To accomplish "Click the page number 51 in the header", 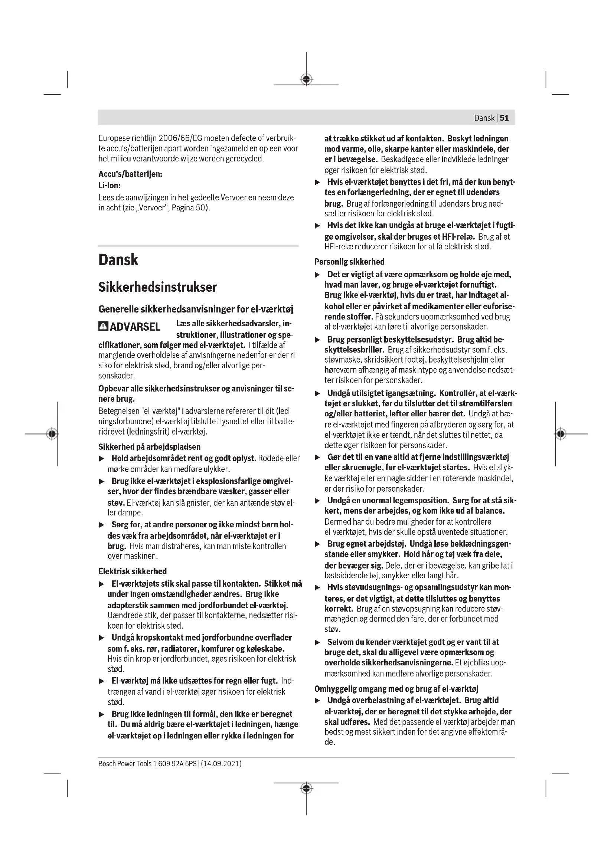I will pos(504,118).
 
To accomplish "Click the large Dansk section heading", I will pos(118,260).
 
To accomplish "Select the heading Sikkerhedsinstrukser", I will pos(158,287).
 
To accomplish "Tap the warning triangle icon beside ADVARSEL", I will pos(103,326).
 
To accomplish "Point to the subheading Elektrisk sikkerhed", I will pos(132,571).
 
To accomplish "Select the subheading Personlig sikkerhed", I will pos(349,262).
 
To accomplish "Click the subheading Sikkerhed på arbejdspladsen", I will pos(149,447).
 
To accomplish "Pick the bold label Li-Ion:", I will pos(110,186).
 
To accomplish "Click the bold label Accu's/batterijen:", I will pos(130,174).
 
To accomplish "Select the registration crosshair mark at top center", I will pos(306,79).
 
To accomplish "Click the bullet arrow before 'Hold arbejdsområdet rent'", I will pos(101,459).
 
